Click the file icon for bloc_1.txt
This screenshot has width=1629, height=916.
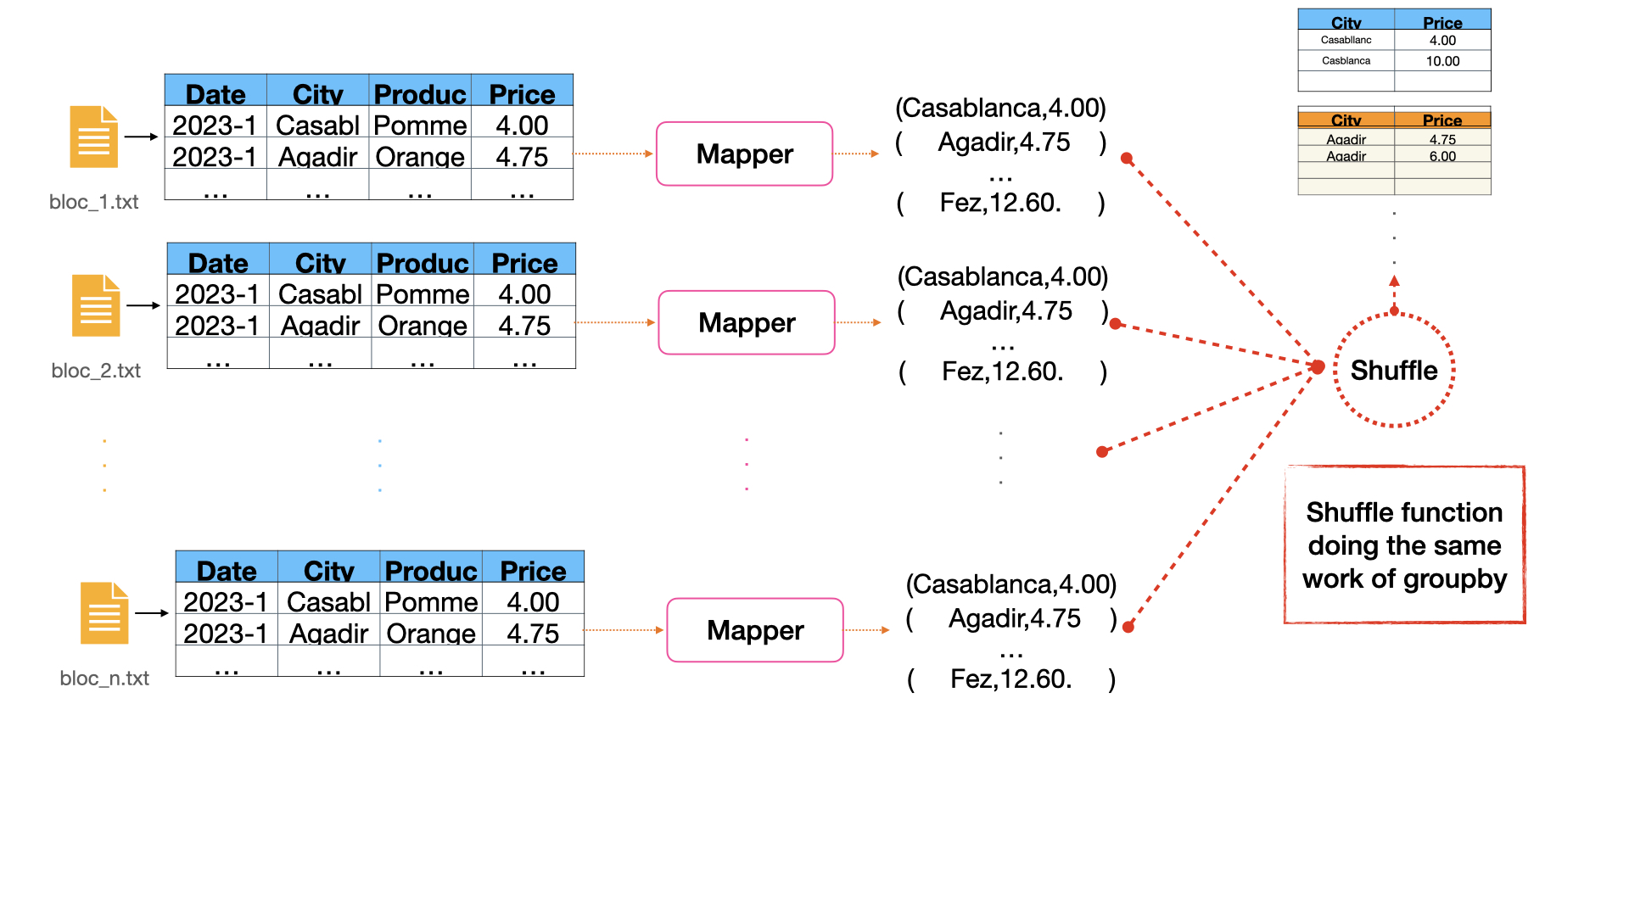coord(93,137)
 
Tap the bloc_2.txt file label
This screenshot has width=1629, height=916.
coord(96,371)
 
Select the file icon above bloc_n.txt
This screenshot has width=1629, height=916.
coord(104,613)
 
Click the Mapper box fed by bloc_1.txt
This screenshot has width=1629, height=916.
coord(744,154)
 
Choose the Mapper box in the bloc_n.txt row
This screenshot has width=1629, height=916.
coord(754,630)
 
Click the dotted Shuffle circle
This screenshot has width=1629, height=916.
coord(1393,370)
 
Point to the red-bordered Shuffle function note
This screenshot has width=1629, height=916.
coord(1404,545)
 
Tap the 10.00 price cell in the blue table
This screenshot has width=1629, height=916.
coord(1442,61)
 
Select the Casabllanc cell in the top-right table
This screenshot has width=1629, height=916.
coord(1346,40)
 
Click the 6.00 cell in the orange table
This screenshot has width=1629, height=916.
coord(1442,156)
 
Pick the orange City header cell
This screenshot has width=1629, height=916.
coord(1346,120)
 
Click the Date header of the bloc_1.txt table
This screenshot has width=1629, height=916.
coord(216,93)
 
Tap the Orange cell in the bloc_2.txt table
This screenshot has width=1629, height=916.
coord(423,326)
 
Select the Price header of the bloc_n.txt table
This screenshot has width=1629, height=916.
coord(533,570)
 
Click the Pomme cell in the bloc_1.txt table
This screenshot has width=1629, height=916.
coord(420,126)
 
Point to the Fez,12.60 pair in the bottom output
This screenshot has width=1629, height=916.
coord(1010,679)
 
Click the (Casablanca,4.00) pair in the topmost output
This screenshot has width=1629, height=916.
coord(1000,108)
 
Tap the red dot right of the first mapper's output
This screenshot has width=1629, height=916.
coord(1127,159)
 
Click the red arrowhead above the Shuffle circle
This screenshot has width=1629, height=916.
coord(1394,281)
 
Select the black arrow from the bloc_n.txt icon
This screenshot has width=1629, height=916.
coord(152,613)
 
